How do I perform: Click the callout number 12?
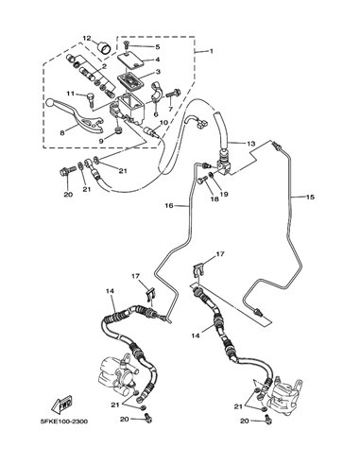coord(87,39)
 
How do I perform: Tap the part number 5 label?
coord(158,47)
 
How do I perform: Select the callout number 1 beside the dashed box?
coord(212,51)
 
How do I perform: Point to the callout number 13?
coord(250,144)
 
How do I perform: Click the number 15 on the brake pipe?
coord(310,198)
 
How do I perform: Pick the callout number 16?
coord(169,206)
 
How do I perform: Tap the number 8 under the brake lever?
coord(62,133)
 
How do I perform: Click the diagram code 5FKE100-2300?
coord(64,422)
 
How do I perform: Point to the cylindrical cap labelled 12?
coord(104,48)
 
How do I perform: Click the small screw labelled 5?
coord(126,44)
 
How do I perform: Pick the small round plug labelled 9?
coord(119,130)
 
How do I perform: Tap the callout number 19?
coord(224,195)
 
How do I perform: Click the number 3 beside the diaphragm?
coord(158,72)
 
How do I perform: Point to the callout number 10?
coord(164,122)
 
